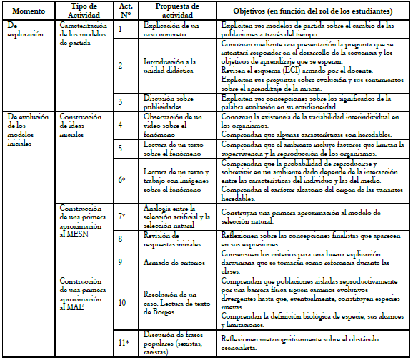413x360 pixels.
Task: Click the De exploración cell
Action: (26, 29)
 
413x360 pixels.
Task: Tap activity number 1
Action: (121, 28)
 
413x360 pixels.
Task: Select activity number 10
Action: (121, 302)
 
